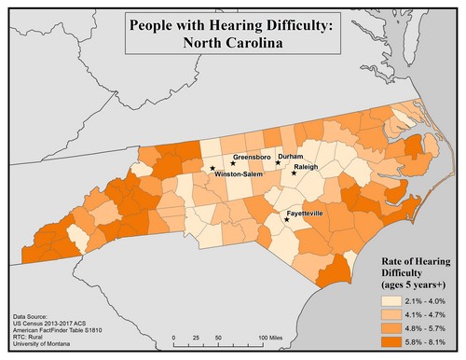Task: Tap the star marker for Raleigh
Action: point(295,173)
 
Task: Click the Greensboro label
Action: point(251,157)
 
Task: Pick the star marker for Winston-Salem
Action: point(213,169)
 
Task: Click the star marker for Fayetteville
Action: point(287,220)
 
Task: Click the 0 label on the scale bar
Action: point(174,337)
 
